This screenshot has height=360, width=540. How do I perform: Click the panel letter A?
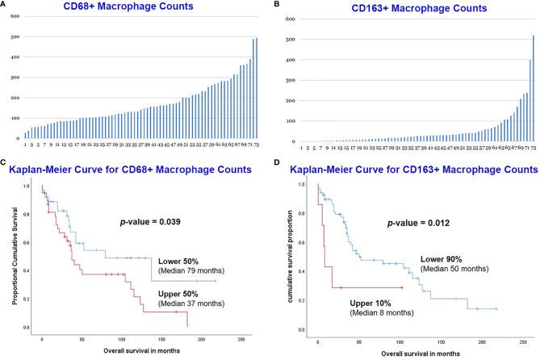pyautogui.click(x=6, y=6)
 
